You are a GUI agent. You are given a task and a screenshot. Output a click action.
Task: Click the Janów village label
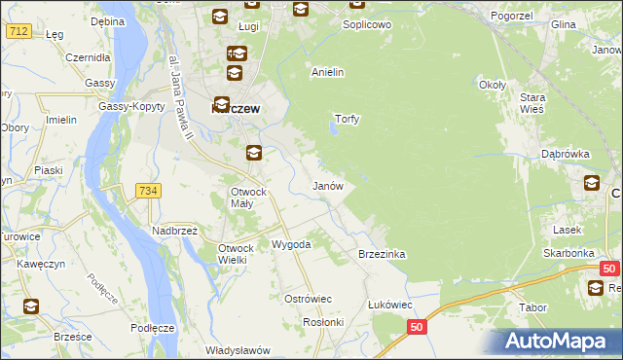coord(327,185)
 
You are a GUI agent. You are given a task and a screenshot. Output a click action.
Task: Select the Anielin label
coord(328,72)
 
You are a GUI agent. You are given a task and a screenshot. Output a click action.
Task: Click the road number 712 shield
coord(18,31)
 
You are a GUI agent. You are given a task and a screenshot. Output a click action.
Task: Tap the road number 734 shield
coord(148,191)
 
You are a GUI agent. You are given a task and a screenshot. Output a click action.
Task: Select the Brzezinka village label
coord(382,253)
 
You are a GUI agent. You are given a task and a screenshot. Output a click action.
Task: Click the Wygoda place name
coord(291,244)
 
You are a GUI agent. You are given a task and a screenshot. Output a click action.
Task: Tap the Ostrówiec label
coord(308,298)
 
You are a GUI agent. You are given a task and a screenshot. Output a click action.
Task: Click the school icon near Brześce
coord(30,306)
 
